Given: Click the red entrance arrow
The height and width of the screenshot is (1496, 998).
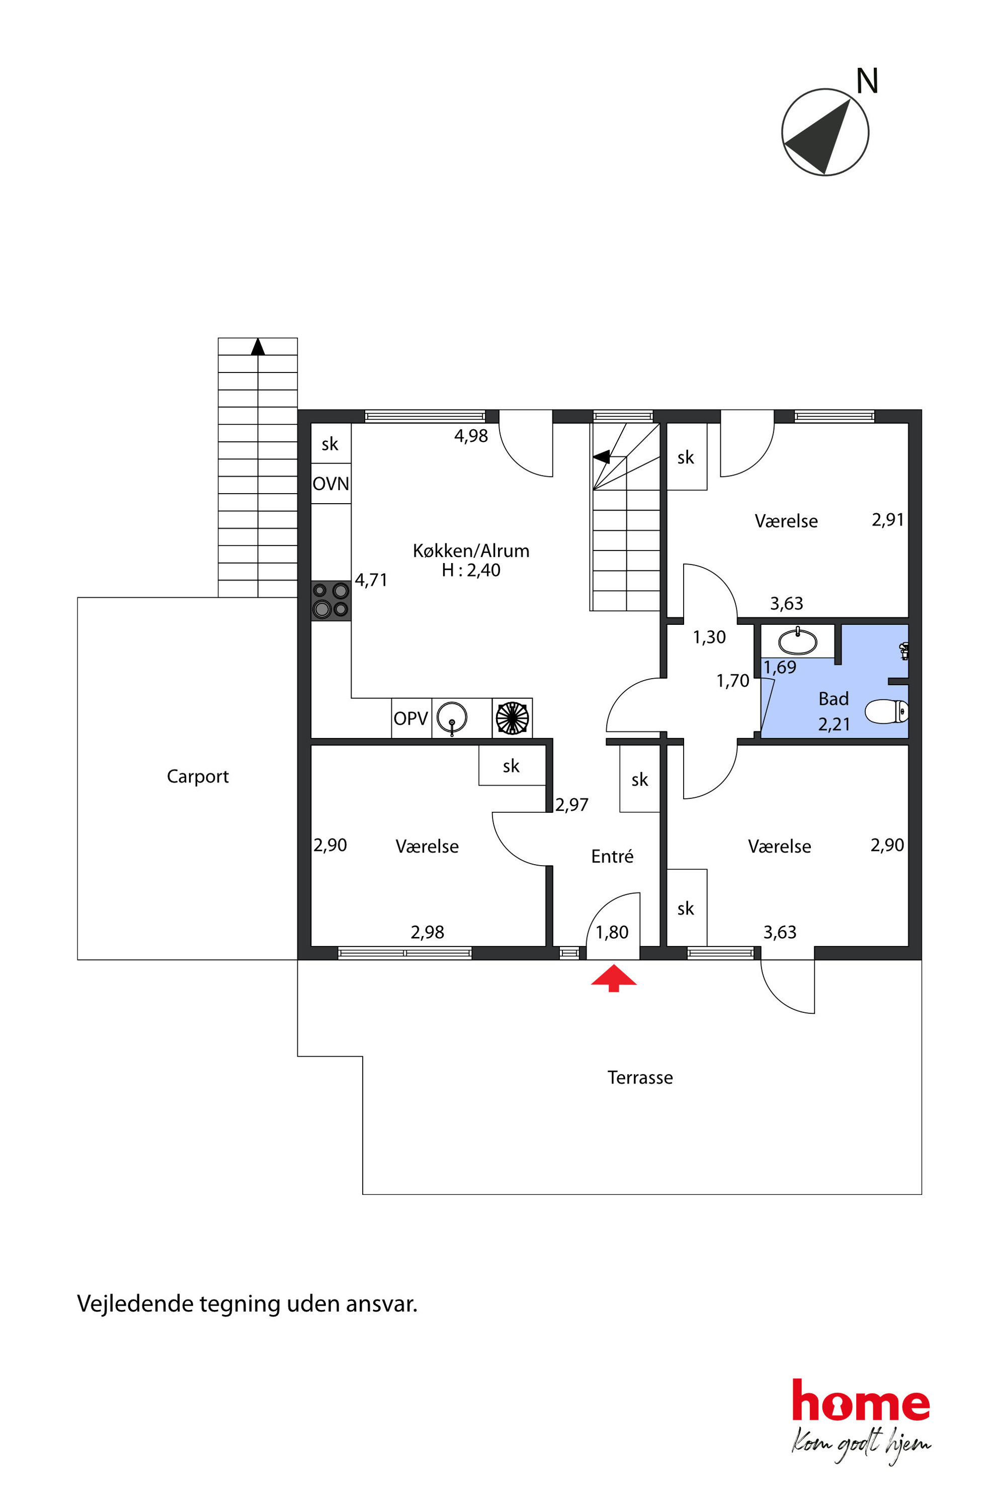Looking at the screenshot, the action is (x=614, y=978).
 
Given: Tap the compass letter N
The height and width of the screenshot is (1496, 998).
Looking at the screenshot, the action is (x=867, y=81).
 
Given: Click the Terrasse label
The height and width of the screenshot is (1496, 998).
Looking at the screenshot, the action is (x=640, y=1077).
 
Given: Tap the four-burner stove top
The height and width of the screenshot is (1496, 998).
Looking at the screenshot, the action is (x=331, y=600).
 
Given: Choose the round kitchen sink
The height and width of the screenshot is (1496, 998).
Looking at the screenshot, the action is (x=452, y=717).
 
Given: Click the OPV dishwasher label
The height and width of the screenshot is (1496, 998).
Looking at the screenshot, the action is (x=410, y=719).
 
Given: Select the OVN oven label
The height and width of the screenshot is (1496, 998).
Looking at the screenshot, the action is (x=331, y=484).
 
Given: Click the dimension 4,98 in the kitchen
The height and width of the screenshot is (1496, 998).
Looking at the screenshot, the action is (x=471, y=436).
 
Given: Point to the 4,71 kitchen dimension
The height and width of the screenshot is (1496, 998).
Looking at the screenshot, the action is (x=371, y=580).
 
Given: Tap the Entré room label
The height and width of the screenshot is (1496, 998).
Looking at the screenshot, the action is (x=612, y=856).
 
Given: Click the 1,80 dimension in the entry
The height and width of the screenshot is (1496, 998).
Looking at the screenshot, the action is (x=612, y=932).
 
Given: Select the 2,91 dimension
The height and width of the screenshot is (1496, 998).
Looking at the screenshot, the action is (x=888, y=520).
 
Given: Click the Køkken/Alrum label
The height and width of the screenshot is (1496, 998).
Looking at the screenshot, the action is (x=471, y=551).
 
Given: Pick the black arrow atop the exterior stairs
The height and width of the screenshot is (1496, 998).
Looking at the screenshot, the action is (x=258, y=347).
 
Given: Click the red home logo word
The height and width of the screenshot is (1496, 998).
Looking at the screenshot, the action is (x=861, y=1400).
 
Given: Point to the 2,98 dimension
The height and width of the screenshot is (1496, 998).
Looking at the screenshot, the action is (x=427, y=932).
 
